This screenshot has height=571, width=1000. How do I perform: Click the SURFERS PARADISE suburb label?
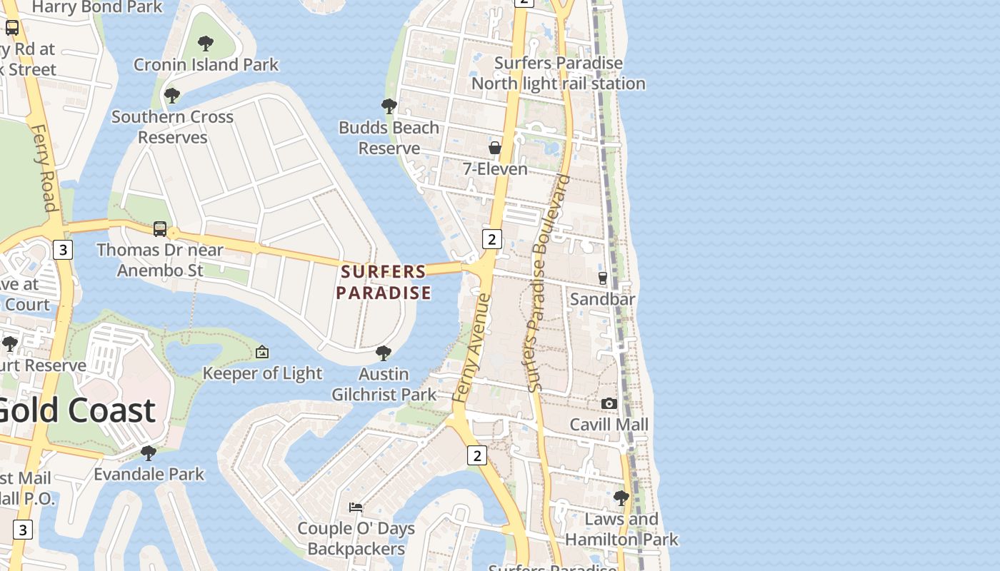384,282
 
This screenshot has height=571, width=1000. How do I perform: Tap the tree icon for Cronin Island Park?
206,44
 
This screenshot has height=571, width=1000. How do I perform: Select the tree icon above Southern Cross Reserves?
171,96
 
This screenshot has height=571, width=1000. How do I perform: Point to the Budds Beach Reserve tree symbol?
389,106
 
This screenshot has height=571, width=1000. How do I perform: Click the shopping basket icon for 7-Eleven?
494,148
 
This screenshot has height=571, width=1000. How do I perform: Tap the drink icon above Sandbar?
602,278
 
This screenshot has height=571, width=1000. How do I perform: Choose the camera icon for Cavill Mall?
609,403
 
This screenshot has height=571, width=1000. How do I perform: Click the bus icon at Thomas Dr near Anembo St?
160,229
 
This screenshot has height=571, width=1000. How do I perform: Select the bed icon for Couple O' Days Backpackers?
356,507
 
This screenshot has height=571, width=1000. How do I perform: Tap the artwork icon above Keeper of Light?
262,352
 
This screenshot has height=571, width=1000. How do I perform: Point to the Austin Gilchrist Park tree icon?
384,353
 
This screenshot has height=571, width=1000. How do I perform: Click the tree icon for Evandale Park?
149,453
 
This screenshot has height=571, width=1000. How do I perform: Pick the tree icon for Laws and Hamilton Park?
621,497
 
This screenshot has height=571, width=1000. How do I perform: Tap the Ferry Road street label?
44,168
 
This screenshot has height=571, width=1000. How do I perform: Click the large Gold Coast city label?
75,410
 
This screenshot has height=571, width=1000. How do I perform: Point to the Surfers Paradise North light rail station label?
559,74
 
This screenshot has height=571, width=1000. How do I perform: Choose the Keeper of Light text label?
262,373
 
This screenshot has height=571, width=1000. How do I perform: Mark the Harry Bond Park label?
97,7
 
